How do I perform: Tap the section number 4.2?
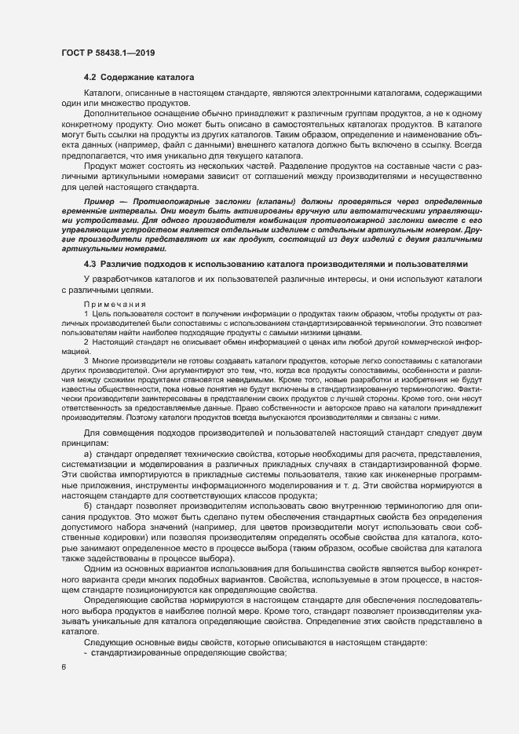pos(90,79)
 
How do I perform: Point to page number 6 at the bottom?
pos(63,667)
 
